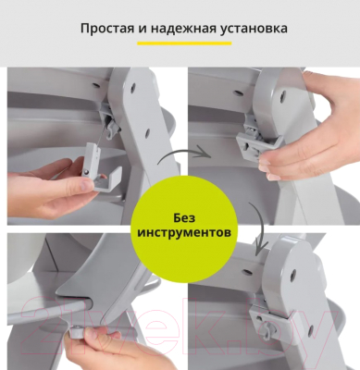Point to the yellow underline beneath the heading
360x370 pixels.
pyautogui.click(x=180, y=43)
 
